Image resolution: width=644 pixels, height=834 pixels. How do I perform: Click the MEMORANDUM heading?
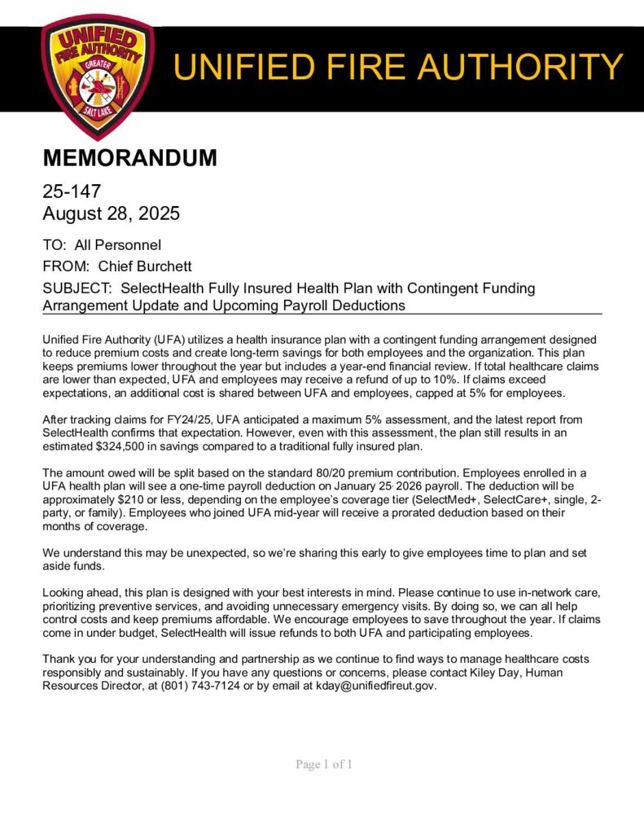pyautogui.click(x=129, y=158)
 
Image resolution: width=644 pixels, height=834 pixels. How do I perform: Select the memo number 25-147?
pyautogui.click(x=72, y=191)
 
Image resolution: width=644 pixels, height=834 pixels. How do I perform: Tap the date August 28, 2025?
pyautogui.click(x=111, y=214)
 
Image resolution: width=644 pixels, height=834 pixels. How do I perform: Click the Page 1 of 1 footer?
pyautogui.click(x=324, y=764)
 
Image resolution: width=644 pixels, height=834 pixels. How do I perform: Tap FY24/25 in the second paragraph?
pyautogui.click(x=167, y=418)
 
